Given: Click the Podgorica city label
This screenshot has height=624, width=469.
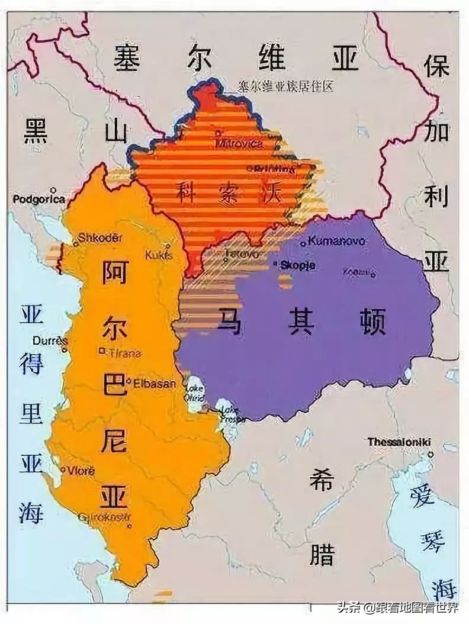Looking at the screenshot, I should tap(39, 200).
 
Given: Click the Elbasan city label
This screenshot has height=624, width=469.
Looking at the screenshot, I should tap(155, 383).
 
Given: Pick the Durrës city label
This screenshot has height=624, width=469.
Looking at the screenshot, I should tap(50, 341).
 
